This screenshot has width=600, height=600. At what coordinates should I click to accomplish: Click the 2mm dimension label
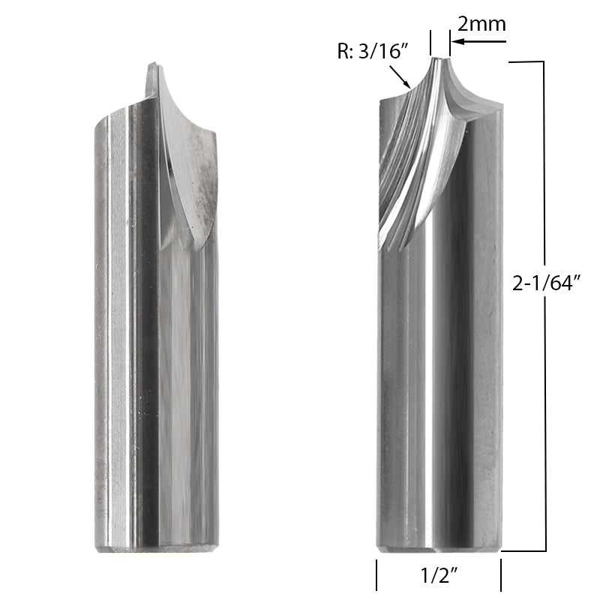pos(481,24)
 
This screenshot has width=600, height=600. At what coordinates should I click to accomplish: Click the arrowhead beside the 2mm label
pos(456,42)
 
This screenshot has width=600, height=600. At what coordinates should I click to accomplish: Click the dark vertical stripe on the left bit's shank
pos(142,337)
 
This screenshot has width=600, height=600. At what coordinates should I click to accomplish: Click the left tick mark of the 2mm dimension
pos(431,41)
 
